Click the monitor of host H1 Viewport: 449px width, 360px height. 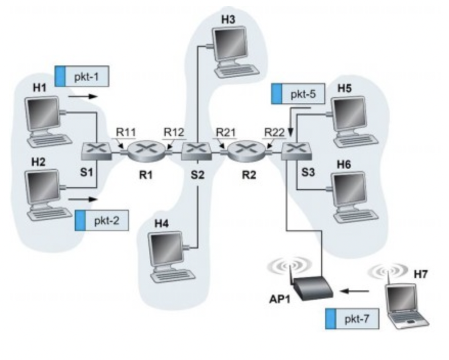pos(43,113)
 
